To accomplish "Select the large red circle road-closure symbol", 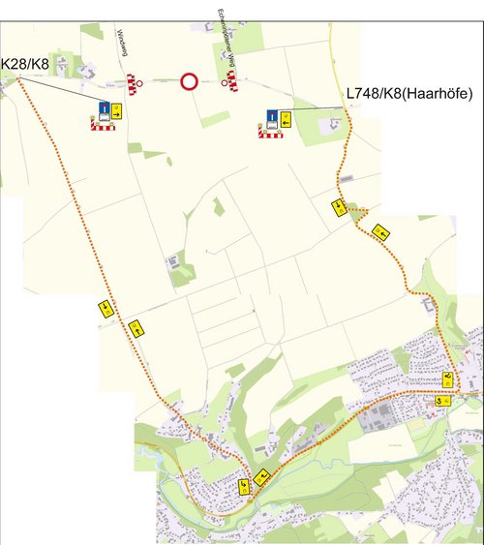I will click(189, 82).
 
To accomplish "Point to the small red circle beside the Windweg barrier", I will click(141, 84).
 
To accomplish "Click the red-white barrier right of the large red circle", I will click(232, 79).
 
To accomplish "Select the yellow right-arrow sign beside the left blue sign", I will click(116, 109).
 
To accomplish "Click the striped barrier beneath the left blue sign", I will click(103, 123).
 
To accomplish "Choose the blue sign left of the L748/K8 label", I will click(273, 119).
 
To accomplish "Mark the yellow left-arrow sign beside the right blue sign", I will click(287, 119).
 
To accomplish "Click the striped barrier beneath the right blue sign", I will click(272, 133).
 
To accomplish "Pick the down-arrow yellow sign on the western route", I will click(105, 309).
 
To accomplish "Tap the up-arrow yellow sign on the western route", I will click(136, 329).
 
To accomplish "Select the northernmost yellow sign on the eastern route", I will click(338, 205).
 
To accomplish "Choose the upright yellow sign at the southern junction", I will click(244, 485).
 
